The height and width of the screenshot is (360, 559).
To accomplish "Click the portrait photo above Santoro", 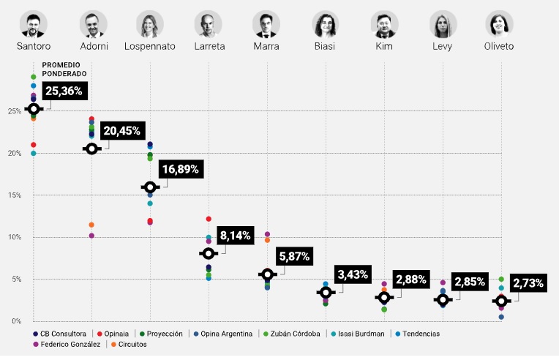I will [x=33, y=24].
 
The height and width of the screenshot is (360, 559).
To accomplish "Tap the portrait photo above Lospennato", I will [x=150, y=24].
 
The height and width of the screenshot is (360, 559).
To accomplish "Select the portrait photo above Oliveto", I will [x=500, y=24].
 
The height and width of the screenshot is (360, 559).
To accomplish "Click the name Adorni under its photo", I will [x=92, y=46].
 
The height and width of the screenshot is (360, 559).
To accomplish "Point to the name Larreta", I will [x=209, y=46].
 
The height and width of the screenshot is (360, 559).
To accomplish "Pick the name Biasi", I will [x=326, y=46].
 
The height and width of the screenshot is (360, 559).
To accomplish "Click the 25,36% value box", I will [x=65, y=91].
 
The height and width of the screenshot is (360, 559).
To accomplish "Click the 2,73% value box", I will [x=528, y=283].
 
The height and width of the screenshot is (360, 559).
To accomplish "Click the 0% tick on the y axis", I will [x=15, y=321].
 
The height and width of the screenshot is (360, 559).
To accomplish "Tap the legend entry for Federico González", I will [x=70, y=345].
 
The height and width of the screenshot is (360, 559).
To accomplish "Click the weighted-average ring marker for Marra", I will [x=267, y=274].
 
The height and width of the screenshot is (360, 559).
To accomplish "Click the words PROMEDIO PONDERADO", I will [x=64, y=69].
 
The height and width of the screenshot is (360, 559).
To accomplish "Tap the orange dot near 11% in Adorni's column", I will [x=91, y=225].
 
